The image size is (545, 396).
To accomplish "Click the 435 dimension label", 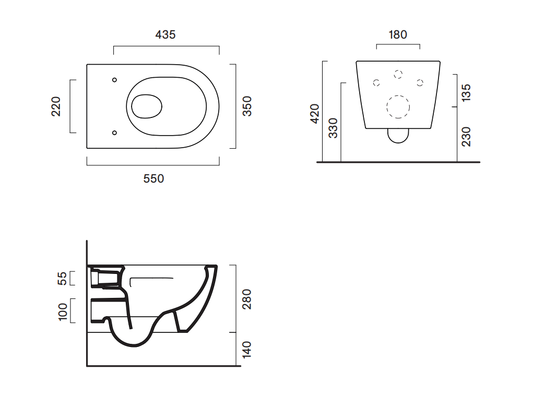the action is pyautogui.click(x=165, y=35).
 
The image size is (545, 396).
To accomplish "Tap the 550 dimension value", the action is pyautogui.click(x=153, y=178).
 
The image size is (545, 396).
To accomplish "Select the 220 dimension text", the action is pyautogui.click(x=56, y=106).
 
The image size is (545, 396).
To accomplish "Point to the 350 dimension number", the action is pyautogui.click(x=247, y=106).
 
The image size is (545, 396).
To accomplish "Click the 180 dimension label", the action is pyautogui.click(x=398, y=35).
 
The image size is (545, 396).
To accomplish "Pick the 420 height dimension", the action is pyautogui.click(x=315, y=114).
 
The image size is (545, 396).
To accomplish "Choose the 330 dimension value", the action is pyautogui.click(x=334, y=128).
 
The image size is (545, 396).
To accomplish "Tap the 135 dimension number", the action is pyautogui.click(x=466, y=92).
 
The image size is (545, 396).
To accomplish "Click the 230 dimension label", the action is pyautogui.click(x=466, y=137).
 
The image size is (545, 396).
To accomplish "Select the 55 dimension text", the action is pyautogui.click(x=62, y=278).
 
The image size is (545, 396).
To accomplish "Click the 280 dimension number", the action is pyautogui.click(x=247, y=299).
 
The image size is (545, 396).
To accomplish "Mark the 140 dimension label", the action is pyautogui.click(x=247, y=350).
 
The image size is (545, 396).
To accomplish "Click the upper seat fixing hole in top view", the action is pyautogui.click(x=114, y=80).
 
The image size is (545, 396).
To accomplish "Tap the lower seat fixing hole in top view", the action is pyautogui.click(x=114, y=133).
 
